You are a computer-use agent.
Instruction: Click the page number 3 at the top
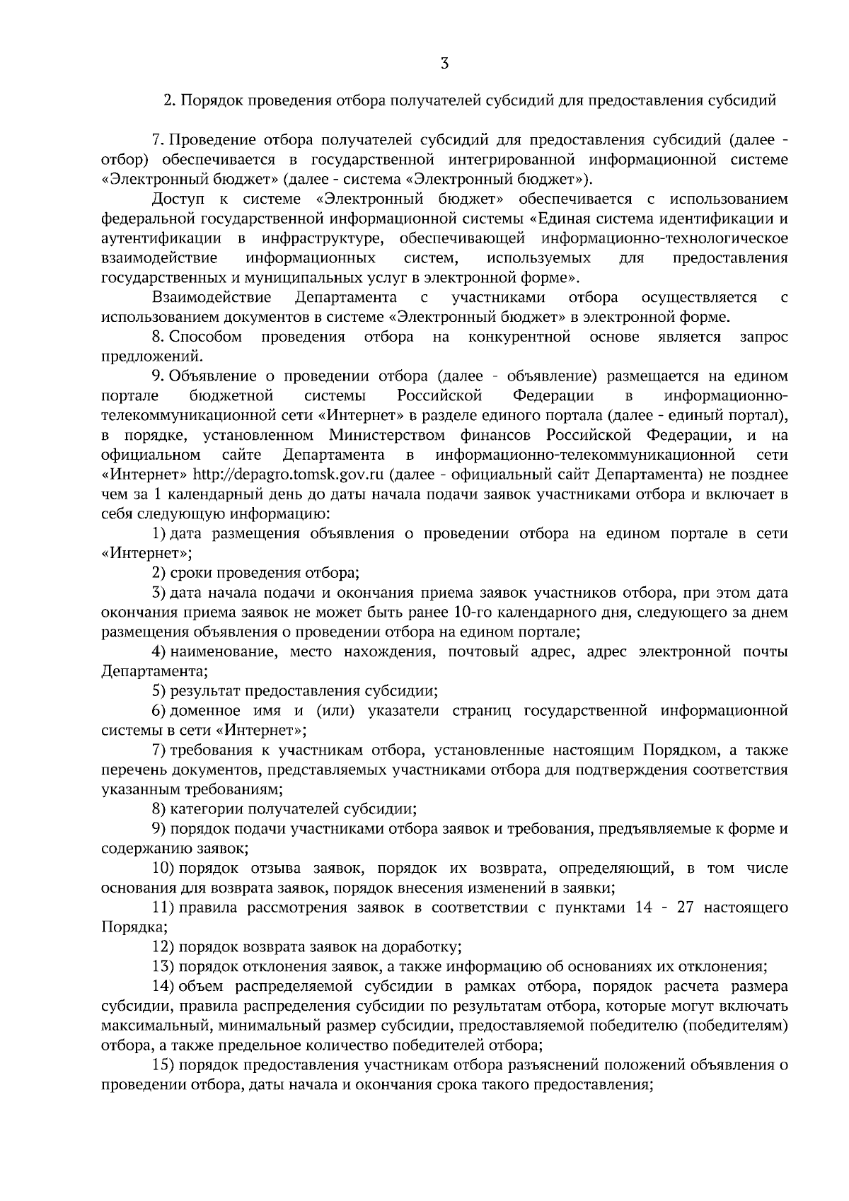coord(444,64)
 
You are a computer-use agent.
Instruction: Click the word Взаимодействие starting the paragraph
coord(212,297)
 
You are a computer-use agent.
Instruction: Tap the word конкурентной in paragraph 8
coord(519,337)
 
